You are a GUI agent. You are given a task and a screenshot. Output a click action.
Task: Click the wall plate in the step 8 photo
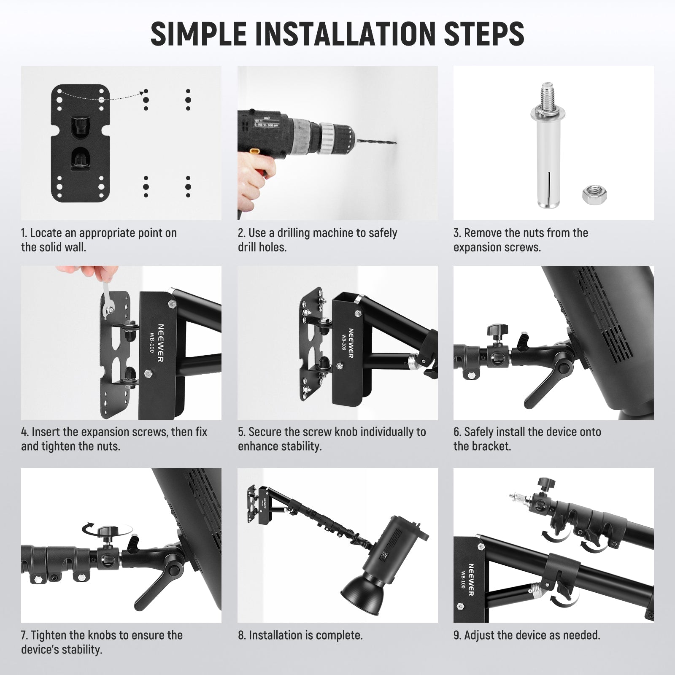(252, 502)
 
